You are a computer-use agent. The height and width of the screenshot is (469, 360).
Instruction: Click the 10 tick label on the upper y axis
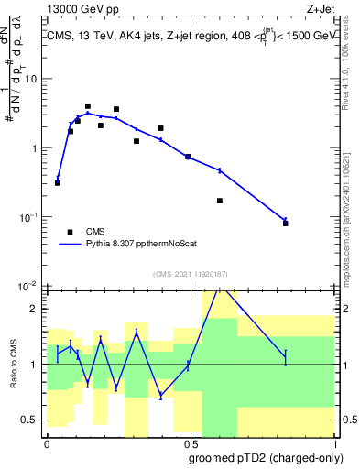point(32,79)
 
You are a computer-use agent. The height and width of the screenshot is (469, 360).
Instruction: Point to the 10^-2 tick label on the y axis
point(30,286)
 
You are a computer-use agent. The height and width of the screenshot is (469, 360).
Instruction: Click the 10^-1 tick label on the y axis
point(30,217)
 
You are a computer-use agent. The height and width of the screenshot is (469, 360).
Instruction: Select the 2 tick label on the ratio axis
point(35,309)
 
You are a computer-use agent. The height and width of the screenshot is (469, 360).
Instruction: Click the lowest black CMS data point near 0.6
point(220,201)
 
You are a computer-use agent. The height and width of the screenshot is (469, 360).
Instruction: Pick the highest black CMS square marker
point(88,106)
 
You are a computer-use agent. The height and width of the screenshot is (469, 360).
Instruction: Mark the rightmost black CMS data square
point(286,223)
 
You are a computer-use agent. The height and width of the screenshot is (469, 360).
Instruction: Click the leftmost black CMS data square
point(58,183)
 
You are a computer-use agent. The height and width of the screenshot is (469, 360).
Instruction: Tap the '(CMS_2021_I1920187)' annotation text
point(190,273)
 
